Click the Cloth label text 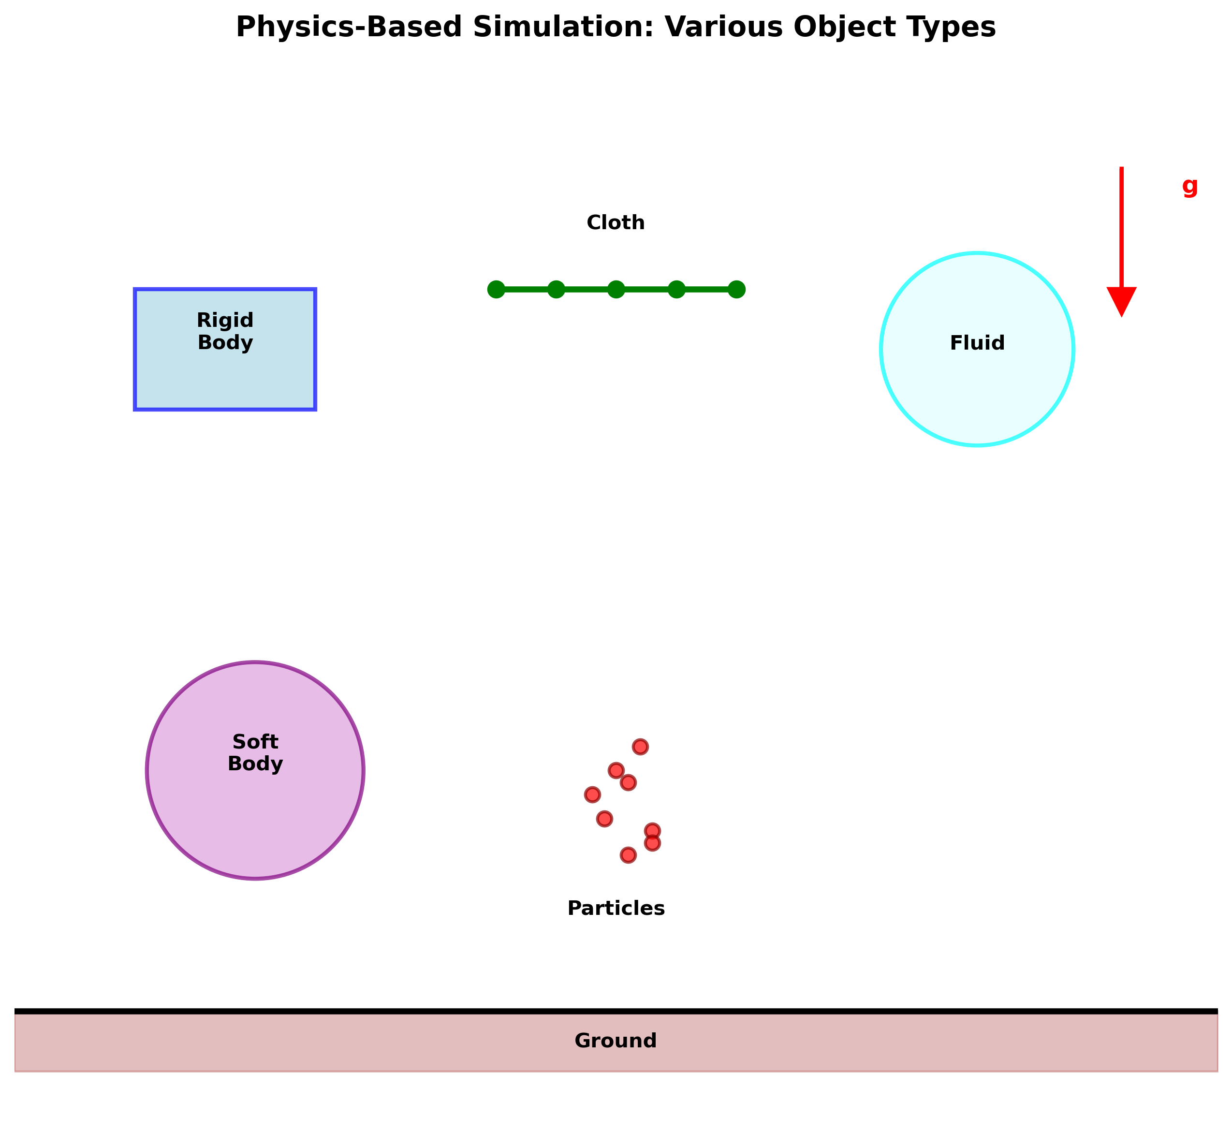click(x=616, y=222)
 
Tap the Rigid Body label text click(x=225, y=331)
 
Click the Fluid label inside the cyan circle click(x=977, y=343)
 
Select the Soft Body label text click(x=255, y=752)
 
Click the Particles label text click(x=616, y=908)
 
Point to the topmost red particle click(x=640, y=747)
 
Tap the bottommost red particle click(x=628, y=855)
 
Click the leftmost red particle click(x=592, y=794)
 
